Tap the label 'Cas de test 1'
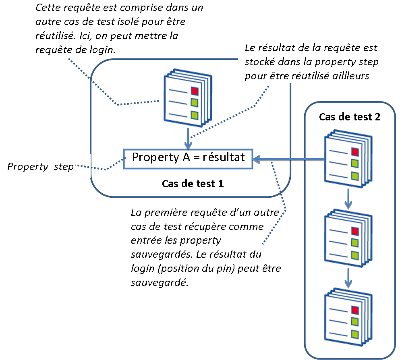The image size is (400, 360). (193, 184)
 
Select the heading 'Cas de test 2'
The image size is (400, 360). (349, 117)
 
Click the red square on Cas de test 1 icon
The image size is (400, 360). (195, 90)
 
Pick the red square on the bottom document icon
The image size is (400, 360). (355, 310)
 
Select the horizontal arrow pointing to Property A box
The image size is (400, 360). (288, 160)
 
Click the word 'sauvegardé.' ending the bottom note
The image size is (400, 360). (160, 283)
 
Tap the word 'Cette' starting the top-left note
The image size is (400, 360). (48, 8)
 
